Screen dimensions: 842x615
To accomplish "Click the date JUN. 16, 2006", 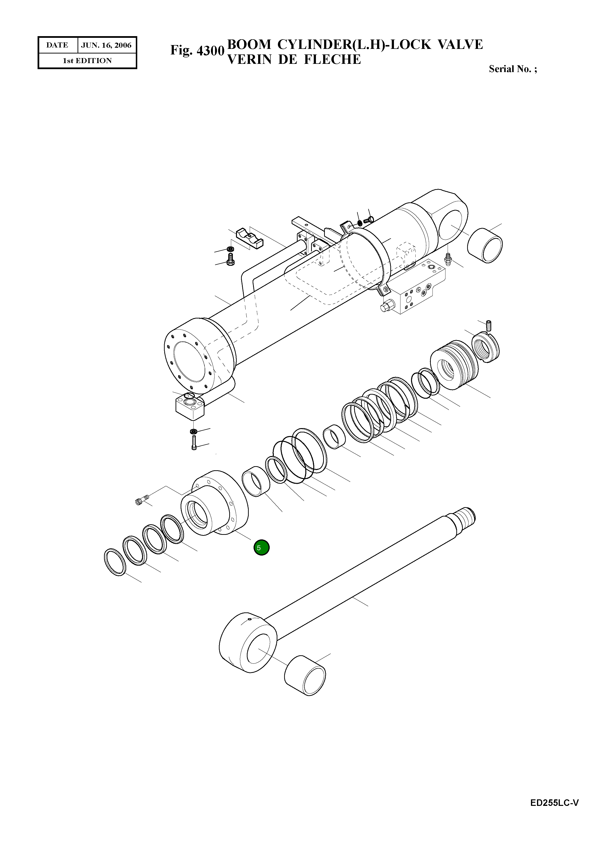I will [106, 46].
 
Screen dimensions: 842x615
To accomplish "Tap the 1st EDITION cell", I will [87, 61].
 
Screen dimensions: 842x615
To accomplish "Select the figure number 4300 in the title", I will [210, 51].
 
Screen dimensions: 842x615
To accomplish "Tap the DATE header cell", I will [57, 46].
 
